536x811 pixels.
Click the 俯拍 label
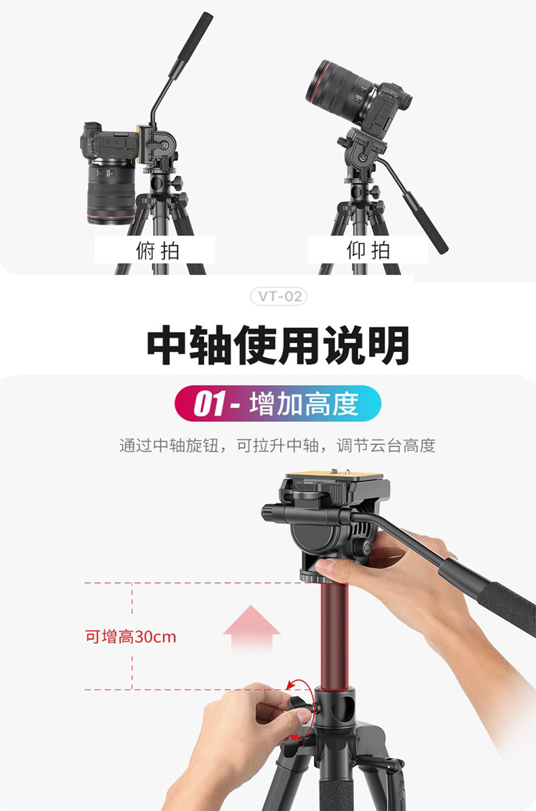[x=157, y=251]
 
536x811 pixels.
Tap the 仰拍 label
[x=368, y=251]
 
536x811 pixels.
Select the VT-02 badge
[x=279, y=296]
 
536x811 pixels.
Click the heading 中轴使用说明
[x=278, y=345]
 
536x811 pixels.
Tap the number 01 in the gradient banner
[x=210, y=404]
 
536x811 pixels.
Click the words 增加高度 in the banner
[x=304, y=404]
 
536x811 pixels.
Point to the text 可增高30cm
[x=131, y=636]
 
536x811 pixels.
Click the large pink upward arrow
[x=251, y=631]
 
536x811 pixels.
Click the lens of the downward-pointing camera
[x=111, y=192]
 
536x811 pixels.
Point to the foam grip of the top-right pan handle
[x=425, y=222]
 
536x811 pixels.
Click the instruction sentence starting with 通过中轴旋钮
[x=277, y=446]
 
